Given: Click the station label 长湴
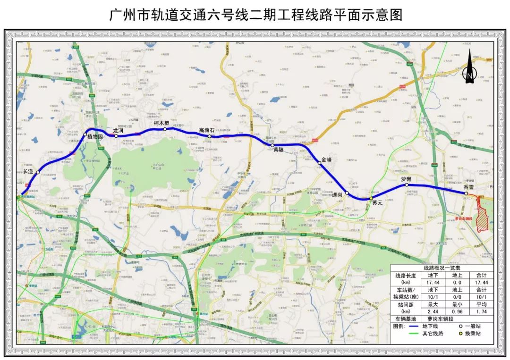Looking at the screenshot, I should coord(28,171).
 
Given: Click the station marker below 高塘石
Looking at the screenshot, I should coord(209,136).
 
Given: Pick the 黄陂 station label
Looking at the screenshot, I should coord(279,150).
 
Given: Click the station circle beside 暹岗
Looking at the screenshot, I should coord(347,193).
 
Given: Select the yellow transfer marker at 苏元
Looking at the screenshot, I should coord(371,198).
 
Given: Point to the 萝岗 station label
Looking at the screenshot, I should coord(406,179).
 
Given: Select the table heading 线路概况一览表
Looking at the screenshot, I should coord(442,267).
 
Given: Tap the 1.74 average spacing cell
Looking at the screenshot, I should coord(482,312).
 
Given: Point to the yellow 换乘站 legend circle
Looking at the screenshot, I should coord(461,334).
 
